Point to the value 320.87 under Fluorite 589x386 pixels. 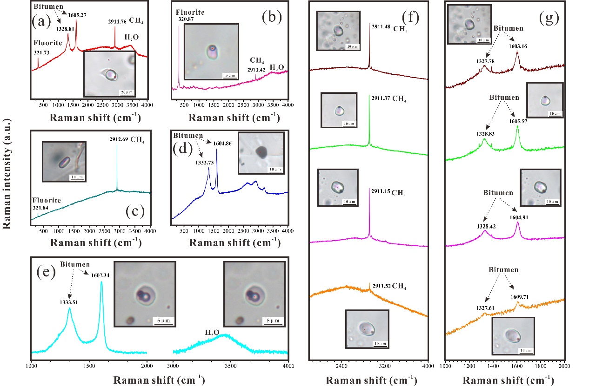(x=186, y=20)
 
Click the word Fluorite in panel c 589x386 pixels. (x=47, y=200)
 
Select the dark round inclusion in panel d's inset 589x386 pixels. (x=261, y=151)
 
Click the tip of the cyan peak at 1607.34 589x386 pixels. (x=101, y=281)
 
